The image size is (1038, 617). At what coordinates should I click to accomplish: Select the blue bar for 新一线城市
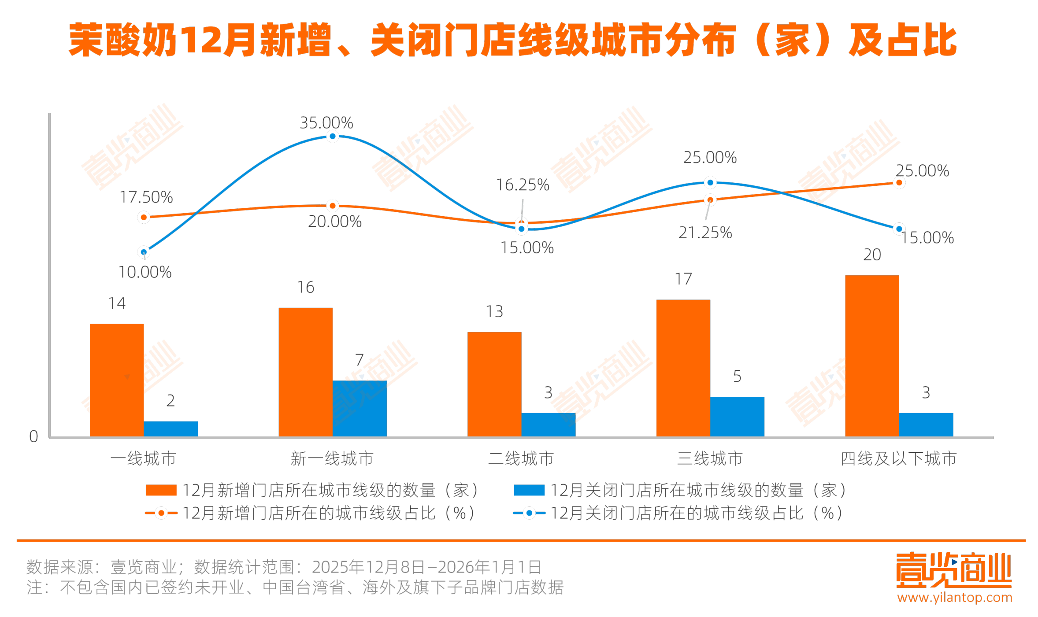(x=360, y=408)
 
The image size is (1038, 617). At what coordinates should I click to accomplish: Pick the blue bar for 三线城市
(x=737, y=416)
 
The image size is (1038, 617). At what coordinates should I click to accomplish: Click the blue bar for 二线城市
(x=548, y=425)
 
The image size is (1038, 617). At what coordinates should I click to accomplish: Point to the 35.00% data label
(x=326, y=123)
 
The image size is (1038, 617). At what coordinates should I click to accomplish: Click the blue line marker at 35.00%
(x=333, y=137)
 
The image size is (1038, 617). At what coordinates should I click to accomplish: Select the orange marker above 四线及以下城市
(x=899, y=183)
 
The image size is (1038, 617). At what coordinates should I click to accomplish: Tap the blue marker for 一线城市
(x=144, y=252)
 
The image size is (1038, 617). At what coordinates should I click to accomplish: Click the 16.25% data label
(x=523, y=185)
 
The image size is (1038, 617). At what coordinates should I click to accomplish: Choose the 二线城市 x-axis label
(x=521, y=458)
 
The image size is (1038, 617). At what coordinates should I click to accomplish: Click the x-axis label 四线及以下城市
(x=899, y=458)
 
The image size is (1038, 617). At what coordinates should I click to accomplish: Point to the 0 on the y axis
(x=33, y=436)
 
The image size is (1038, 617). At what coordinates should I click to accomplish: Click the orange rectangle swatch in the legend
(x=161, y=490)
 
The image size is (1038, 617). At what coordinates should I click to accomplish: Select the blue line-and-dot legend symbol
(x=529, y=513)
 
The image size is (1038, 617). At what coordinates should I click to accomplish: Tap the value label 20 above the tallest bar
(x=872, y=255)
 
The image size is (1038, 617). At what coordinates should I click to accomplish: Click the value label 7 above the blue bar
(x=360, y=360)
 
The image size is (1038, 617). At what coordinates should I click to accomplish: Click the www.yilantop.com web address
(x=954, y=598)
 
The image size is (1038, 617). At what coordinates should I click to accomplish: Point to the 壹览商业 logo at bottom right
(x=953, y=570)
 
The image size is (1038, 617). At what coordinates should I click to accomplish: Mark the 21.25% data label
(x=705, y=233)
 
